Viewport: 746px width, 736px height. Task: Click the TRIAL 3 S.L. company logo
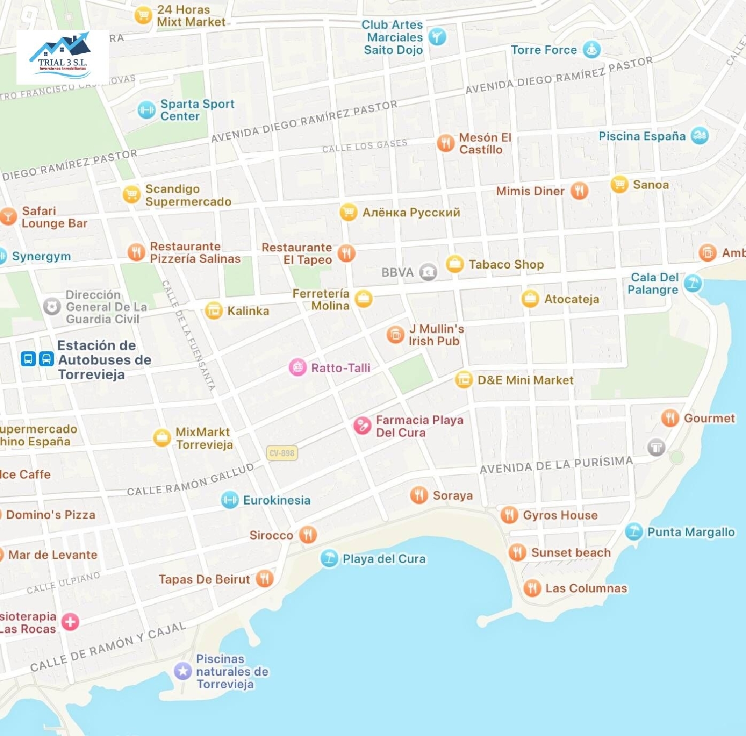(x=63, y=57)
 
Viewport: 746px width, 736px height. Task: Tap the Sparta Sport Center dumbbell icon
(x=146, y=110)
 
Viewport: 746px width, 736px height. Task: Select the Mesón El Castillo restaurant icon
(x=446, y=143)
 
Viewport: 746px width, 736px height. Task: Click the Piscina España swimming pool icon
(x=699, y=135)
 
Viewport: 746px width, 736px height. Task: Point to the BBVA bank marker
(x=428, y=272)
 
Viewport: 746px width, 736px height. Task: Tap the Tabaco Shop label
(x=506, y=264)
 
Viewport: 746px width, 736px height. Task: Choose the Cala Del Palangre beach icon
(x=692, y=283)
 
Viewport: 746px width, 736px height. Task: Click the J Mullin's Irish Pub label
(x=436, y=335)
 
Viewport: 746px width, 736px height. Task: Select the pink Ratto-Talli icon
(x=297, y=367)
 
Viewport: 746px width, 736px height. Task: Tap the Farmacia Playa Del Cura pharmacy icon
(x=362, y=425)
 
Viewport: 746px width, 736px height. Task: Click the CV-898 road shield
(x=282, y=453)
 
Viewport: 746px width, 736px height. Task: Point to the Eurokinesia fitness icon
(x=229, y=500)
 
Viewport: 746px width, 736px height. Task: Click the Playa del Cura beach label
(x=384, y=559)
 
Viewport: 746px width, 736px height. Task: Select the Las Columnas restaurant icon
(x=532, y=588)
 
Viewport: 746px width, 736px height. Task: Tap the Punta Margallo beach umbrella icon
(x=634, y=531)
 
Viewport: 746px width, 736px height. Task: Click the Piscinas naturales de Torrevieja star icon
(x=183, y=671)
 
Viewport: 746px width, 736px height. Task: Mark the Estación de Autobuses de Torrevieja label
(x=104, y=360)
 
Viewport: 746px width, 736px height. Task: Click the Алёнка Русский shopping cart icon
(x=348, y=212)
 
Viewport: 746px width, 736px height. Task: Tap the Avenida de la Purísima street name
(x=556, y=465)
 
